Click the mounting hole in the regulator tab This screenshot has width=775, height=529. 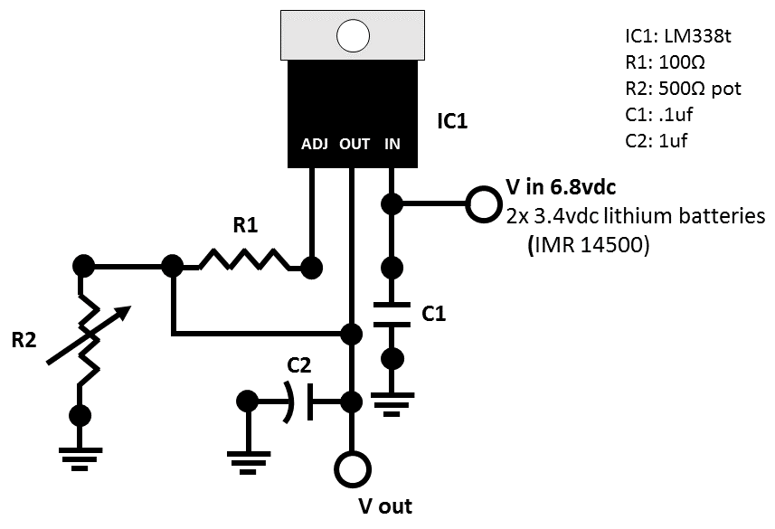point(353,35)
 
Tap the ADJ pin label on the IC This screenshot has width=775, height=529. point(315,144)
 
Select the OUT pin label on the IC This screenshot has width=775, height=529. point(354,144)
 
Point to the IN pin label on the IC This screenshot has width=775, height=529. point(392,144)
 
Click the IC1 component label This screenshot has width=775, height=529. point(452,121)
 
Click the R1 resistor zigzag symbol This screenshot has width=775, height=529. point(245,260)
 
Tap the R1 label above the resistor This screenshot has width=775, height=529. point(246,225)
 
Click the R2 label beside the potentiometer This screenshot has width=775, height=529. point(24,340)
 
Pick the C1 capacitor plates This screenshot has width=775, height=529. point(392,315)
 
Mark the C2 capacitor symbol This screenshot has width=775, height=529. point(298,401)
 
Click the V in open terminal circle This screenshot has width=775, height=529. point(483,203)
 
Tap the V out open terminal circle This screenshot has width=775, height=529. point(353,469)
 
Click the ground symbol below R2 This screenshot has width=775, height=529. point(80,458)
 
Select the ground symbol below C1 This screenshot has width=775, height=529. point(392,404)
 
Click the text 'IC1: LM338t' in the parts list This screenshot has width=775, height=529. point(678,36)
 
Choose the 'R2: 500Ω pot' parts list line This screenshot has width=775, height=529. point(683,89)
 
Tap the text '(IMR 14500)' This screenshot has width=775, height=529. point(589,245)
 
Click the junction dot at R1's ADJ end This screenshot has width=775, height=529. point(312,268)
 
